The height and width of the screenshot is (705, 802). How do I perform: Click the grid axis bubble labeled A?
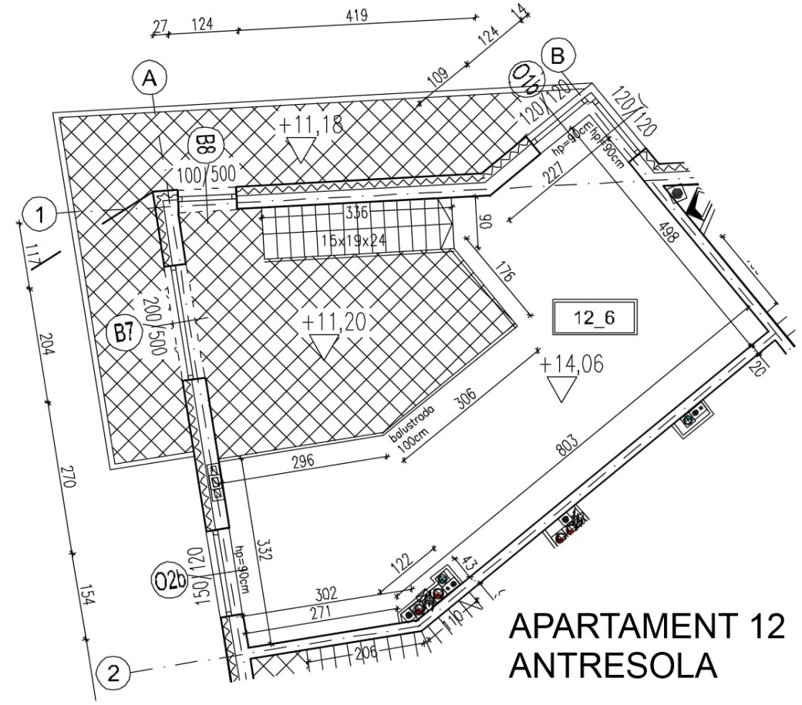click(150, 78)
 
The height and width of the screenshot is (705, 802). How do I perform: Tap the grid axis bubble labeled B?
click(558, 55)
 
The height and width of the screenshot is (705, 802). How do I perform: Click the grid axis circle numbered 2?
click(113, 674)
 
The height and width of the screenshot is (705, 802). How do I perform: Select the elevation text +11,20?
click(333, 322)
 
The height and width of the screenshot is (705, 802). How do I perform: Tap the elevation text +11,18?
click(311, 124)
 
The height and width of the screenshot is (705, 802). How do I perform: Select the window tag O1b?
click(527, 79)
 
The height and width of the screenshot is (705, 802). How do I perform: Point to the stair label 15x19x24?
click(354, 240)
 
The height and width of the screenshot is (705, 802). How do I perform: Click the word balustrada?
click(411, 422)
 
